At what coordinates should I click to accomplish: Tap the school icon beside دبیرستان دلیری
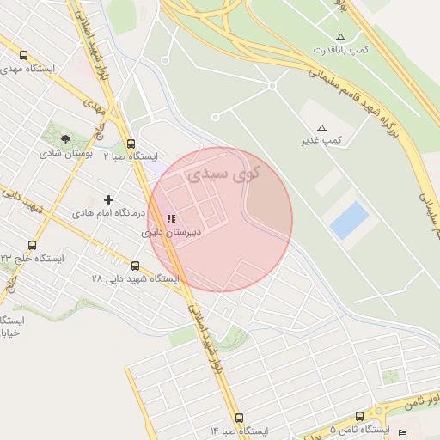point(171,218)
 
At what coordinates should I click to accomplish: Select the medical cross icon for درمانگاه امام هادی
point(108,200)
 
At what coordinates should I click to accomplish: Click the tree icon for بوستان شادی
point(66,139)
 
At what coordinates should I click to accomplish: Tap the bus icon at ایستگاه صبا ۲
point(131,144)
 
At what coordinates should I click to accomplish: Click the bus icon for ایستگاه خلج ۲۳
point(33,246)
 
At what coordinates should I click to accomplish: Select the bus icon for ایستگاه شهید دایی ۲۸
point(136,266)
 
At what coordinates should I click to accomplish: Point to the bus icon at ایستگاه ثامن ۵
point(359,417)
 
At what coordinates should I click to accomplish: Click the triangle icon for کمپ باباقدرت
point(340,37)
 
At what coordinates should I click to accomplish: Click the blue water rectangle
point(349,219)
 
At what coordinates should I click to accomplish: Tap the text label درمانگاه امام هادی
point(105,212)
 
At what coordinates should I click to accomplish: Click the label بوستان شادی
point(65,153)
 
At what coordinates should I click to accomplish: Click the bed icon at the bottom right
point(403,431)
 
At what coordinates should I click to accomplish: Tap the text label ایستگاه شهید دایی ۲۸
point(136,279)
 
